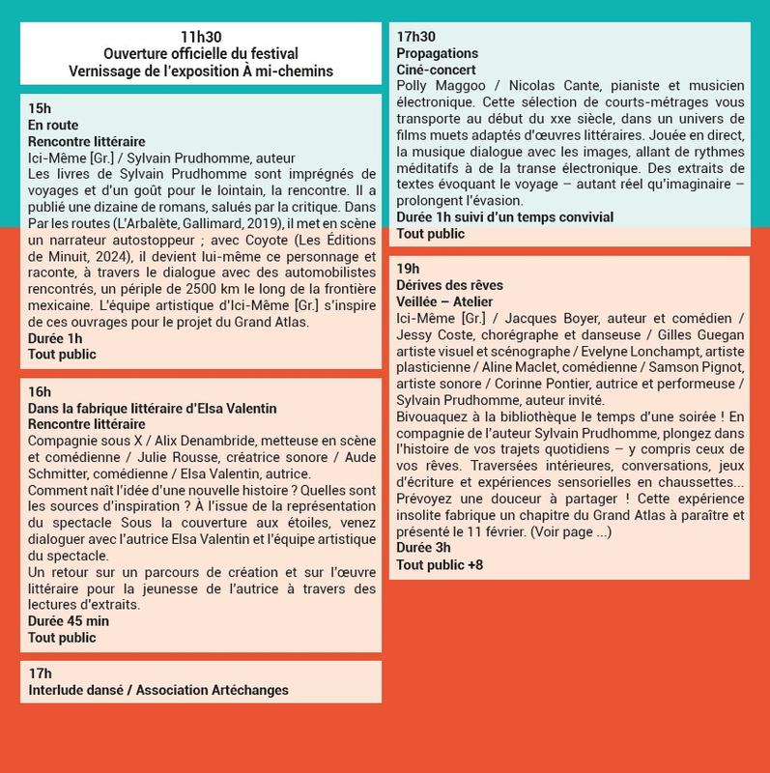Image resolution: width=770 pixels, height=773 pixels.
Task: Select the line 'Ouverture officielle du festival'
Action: click(200, 53)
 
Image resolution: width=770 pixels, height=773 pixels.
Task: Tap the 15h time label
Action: click(40, 108)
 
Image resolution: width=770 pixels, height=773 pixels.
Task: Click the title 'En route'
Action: click(53, 126)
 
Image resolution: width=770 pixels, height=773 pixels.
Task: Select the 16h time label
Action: click(40, 391)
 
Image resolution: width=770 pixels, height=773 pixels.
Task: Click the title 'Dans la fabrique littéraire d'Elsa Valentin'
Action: click(153, 409)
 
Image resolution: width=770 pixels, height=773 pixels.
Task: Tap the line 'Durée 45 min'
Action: click(69, 621)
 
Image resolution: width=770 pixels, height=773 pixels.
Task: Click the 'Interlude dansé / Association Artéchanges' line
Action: click(158, 690)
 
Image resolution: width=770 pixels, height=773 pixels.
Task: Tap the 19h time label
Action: click(408, 269)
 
